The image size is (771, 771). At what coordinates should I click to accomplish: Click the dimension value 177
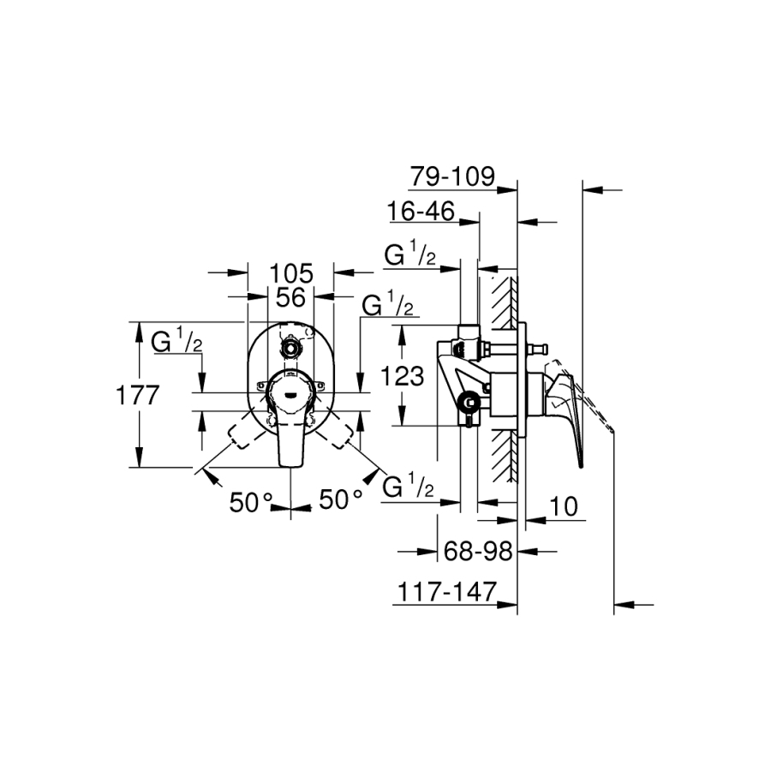pos(138,395)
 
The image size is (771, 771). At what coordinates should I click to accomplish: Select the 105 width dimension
pos(291,273)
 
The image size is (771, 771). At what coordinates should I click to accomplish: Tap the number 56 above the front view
pos(290,297)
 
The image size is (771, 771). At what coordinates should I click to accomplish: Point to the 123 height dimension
pos(403,377)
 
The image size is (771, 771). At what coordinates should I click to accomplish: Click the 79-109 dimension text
pos(452,176)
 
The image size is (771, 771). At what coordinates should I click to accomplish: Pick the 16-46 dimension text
pos(421,212)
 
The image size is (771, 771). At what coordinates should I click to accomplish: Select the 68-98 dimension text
pos(478,551)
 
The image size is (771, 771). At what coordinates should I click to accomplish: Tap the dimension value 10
pos(564,506)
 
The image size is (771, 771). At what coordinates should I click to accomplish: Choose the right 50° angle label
pos(341,499)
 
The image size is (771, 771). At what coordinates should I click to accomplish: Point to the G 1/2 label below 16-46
pos(410,254)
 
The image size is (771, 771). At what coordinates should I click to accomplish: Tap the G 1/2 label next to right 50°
pos(408,486)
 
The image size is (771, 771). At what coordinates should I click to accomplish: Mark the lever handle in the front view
pos(290,417)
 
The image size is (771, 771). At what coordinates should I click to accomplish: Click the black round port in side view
pos(470,403)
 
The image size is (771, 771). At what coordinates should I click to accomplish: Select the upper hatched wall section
pos(504,302)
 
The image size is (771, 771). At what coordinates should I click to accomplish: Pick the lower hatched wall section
pos(504,456)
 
